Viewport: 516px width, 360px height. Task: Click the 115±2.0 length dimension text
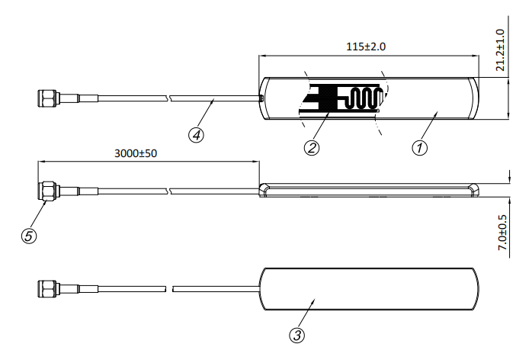(366, 47)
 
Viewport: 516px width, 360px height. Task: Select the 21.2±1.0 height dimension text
(500, 50)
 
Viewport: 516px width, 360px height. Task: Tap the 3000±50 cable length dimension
(136, 153)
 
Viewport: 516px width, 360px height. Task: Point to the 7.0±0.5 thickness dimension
(502, 233)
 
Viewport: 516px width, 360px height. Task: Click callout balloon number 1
(419, 148)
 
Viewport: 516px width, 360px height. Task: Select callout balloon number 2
(312, 148)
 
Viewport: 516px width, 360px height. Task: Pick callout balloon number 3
(297, 336)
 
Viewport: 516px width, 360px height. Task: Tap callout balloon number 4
(196, 135)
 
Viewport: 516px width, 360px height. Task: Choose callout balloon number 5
(29, 236)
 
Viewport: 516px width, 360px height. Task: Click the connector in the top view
(58, 98)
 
